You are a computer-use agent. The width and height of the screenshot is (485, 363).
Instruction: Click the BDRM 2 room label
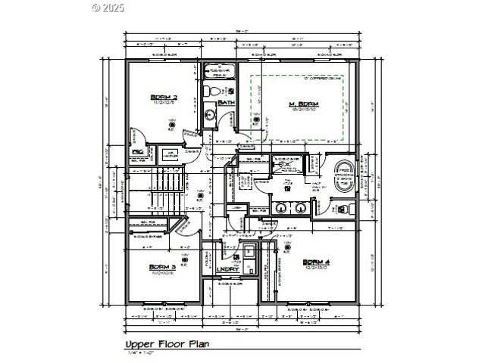click(164, 98)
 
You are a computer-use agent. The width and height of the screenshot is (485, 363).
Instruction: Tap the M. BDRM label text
click(302, 104)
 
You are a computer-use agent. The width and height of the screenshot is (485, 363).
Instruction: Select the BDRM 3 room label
click(163, 267)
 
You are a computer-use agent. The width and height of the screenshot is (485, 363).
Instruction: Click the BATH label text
click(226, 103)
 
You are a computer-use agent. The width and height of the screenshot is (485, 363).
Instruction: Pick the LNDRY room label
click(228, 269)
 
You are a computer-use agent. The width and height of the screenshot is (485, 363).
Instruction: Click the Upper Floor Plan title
click(167, 344)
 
